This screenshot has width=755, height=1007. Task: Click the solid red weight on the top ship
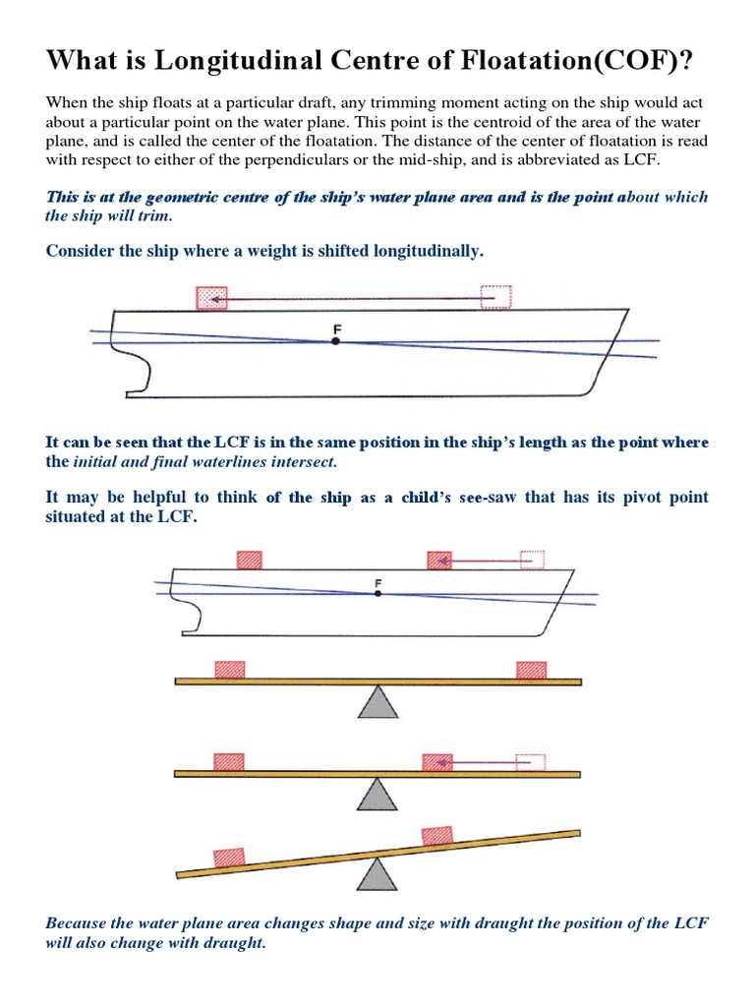click(x=211, y=297)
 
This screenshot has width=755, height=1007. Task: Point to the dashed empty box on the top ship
click(x=496, y=297)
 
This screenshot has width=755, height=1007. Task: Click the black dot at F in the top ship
click(x=336, y=341)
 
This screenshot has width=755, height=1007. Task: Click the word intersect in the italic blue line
click(x=305, y=461)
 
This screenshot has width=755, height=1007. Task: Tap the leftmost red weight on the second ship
click(x=250, y=559)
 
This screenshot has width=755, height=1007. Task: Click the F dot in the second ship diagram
click(x=377, y=593)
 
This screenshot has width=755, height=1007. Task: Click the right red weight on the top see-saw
click(x=532, y=669)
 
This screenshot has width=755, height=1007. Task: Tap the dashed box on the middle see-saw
click(x=530, y=762)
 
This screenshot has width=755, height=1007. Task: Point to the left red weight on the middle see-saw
click(x=229, y=762)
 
